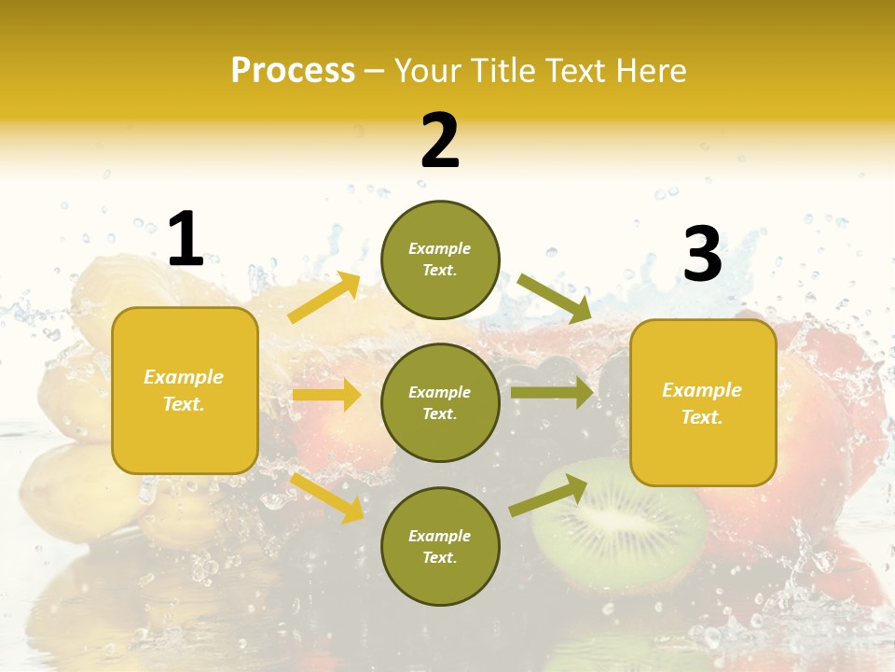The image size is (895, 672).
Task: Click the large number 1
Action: click(x=186, y=239)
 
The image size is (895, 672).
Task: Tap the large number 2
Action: click(x=440, y=141)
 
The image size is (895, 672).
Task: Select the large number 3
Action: click(x=702, y=254)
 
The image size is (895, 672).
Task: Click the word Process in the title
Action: click(x=293, y=70)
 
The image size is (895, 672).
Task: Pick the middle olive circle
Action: click(x=440, y=402)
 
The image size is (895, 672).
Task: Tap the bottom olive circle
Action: click(x=440, y=546)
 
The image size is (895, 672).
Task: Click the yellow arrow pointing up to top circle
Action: click(x=324, y=298)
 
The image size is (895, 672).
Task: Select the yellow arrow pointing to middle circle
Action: click(x=326, y=395)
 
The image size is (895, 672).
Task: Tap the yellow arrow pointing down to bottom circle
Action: click(x=327, y=497)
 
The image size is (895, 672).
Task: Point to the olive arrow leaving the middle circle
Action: click(x=552, y=393)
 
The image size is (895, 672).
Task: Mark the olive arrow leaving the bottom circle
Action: click(x=548, y=495)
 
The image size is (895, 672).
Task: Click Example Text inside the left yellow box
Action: click(x=184, y=390)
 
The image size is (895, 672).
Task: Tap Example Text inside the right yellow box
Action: click(x=702, y=403)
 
